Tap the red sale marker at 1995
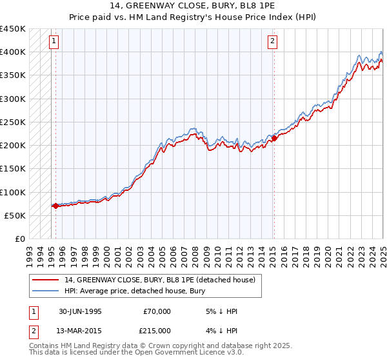click(55, 206)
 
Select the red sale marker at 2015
click(274, 138)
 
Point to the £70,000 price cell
click(157, 311)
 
